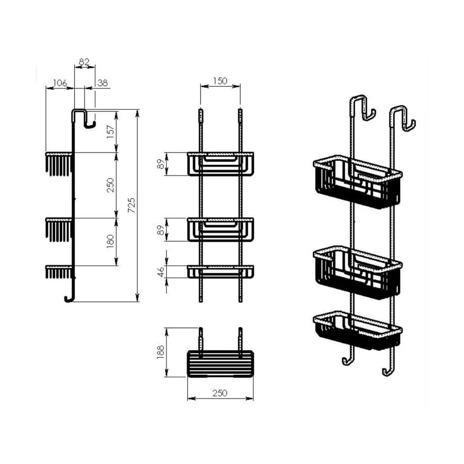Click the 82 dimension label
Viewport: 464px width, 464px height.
click(x=84, y=62)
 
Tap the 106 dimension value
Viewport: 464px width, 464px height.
click(x=60, y=83)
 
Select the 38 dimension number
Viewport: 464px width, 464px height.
click(x=103, y=83)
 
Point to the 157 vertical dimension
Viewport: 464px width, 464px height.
click(x=110, y=131)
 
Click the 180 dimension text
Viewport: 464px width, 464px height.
click(x=110, y=241)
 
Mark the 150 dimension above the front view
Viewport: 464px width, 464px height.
click(x=220, y=81)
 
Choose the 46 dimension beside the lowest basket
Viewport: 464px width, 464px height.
click(x=160, y=272)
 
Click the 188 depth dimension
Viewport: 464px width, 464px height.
click(x=160, y=352)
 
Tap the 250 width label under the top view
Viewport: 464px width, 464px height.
click(x=220, y=393)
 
